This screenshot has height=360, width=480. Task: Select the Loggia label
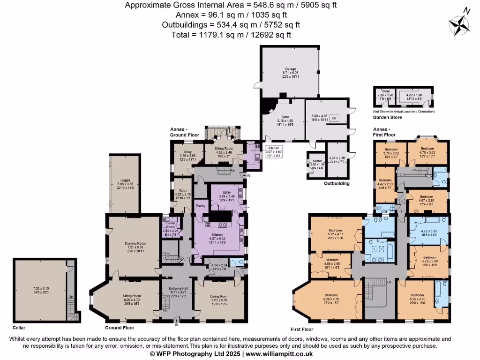pos(125,180)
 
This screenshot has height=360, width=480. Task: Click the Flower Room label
pos(170,225)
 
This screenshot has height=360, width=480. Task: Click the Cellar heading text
pos(19,328)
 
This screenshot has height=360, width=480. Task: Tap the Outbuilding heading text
pos(337,184)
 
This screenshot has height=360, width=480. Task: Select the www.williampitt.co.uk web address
pos(279,354)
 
